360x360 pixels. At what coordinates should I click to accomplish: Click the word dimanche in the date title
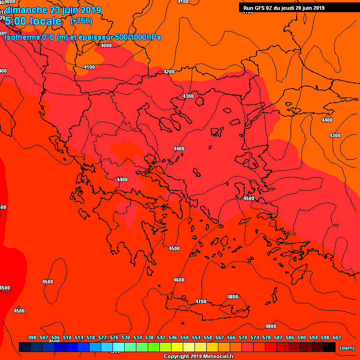coord(25,10)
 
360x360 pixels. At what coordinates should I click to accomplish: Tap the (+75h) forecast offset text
coord(81,21)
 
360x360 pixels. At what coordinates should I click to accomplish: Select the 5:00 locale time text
coord(33,22)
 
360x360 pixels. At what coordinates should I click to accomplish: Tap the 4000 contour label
coord(106,45)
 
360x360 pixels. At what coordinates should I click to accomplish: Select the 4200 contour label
coord(169,72)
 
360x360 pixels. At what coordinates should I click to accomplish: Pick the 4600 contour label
coord(179,280)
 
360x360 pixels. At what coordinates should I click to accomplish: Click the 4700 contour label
coord(201,301)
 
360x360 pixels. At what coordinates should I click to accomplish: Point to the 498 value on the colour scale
coord(32,337)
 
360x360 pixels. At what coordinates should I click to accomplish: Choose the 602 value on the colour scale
coord(337,337)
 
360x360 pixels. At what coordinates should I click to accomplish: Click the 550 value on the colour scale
coord(184,337)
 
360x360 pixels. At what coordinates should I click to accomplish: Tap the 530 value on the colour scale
coord(126,337)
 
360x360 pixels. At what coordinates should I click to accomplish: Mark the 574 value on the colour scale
coord(255,337)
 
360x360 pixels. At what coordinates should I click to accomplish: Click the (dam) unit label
coord(346,348)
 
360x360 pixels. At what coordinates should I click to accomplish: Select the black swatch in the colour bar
coord(330,347)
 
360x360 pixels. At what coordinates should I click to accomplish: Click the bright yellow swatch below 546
coord(177,347)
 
